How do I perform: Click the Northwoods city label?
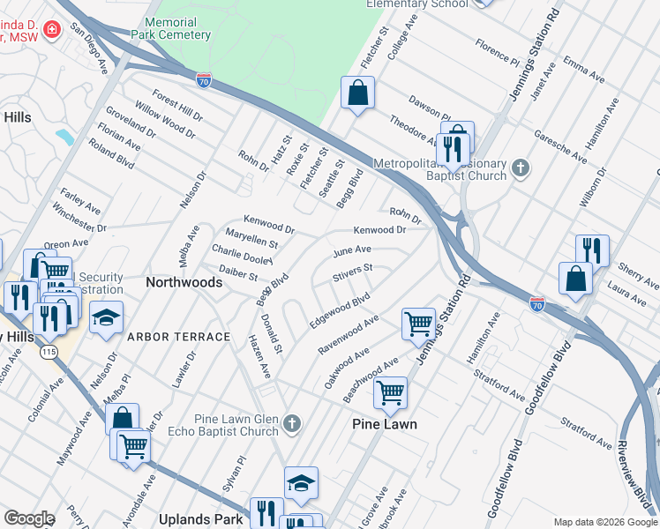(x=184, y=283)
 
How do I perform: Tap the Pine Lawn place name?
(x=385, y=424)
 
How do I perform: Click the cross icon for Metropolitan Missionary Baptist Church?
(x=521, y=168)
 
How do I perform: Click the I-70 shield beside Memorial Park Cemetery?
(x=204, y=81)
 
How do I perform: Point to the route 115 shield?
(x=48, y=353)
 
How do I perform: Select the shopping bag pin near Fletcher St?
(x=357, y=93)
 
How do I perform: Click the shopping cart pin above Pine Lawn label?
(x=390, y=391)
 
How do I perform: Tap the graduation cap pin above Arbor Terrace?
(x=105, y=317)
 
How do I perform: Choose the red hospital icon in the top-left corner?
(x=51, y=30)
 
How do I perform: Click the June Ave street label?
(x=351, y=251)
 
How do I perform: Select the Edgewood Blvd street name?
(x=339, y=311)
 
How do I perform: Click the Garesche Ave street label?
(x=560, y=146)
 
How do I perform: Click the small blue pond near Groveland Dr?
(x=64, y=138)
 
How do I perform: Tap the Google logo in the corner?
(x=29, y=518)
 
